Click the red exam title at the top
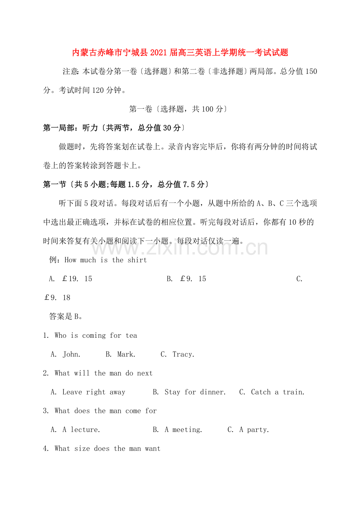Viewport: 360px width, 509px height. (180, 52)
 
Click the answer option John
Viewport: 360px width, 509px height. (71, 355)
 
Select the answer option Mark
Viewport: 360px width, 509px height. (126, 355)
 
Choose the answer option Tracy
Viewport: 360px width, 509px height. (183, 355)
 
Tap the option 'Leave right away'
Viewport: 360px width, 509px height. (94, 392)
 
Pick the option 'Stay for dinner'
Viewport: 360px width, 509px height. (195, 392)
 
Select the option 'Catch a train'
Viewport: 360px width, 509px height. (277, 392)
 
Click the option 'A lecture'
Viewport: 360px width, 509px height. (81, 430)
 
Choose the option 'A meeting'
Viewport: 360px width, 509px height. (183, 430)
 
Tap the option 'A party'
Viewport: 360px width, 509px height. (254, 430)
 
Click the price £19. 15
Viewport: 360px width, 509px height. (77, 279)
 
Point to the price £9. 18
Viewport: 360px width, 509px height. (57, 298)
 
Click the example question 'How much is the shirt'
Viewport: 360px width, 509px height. (105, 260)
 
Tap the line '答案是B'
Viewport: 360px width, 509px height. (66, 316)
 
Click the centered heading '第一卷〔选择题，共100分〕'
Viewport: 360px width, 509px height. (178, 109)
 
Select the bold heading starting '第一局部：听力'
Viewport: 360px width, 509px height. (113, 128)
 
